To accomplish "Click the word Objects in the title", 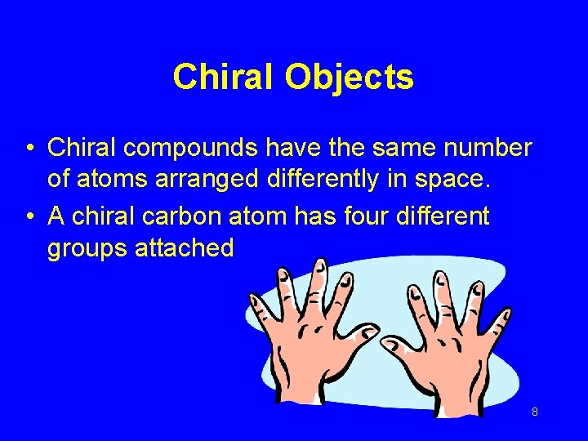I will (349, 78).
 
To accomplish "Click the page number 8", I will (534, 412).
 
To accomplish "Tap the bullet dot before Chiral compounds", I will (29, 149).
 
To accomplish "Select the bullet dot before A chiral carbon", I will (29, 217).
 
